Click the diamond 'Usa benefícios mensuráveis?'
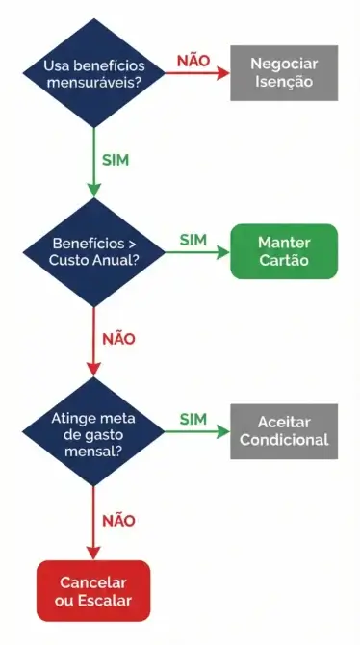(93, 72)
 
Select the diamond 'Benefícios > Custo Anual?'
(93, 252)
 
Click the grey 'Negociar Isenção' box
(283, 72)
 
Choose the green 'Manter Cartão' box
(283, 251)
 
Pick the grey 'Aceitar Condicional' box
(283, 430)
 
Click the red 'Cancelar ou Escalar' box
(93, 591)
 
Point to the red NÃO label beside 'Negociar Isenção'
(193, 61)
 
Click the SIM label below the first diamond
(115, 159)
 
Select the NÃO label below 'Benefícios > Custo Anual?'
(118, 339)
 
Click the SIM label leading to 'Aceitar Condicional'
(193, 419)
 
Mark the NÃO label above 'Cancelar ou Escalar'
(118, 520)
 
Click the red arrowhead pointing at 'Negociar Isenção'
(222, 73)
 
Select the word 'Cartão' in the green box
(283, 261)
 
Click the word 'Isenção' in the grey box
(283, 82)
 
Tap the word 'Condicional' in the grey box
(283, 440)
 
